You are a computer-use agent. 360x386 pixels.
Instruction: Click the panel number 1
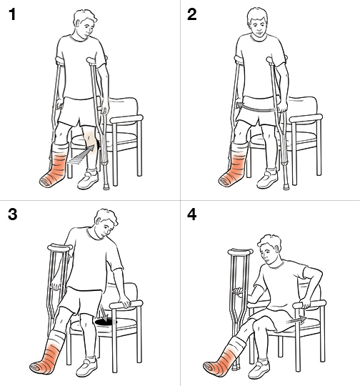coord(12,14)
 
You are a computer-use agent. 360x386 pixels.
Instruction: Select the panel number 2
coord(191,14)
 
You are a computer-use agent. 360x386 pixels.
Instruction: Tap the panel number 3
coord(13,214)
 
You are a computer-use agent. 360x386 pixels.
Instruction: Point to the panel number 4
coord(191,214)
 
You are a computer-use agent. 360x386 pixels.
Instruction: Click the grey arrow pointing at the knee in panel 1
coord(81,154)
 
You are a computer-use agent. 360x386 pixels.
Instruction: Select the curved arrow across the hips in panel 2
coord(256,108)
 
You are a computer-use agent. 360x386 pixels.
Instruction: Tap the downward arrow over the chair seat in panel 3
coord(104,312)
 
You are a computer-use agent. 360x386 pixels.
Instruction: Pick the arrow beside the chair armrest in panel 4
coord(296,320)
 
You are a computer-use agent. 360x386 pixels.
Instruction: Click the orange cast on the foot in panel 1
coord(54,167)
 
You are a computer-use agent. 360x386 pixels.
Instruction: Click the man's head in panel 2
coord(257,21)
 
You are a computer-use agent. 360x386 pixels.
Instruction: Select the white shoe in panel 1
coord(88,179)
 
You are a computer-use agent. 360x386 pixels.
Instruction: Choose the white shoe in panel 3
coord(86,367)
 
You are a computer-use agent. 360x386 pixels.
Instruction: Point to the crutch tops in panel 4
coord(240,252)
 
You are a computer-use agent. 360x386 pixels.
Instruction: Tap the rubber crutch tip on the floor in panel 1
coord(106,187)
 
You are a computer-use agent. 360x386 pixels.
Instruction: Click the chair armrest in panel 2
coord(306,118)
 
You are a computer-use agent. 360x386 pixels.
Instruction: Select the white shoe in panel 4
coord(259,370)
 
